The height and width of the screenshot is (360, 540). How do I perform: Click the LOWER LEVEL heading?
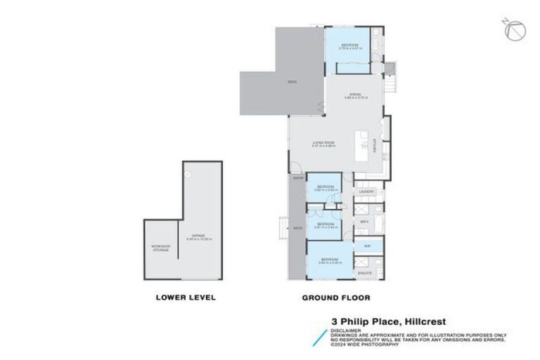[185, 297]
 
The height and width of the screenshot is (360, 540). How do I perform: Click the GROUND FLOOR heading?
[335, 297]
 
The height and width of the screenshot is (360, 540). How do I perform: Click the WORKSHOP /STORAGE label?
[160, 248]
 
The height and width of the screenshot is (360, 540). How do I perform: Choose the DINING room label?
[356, 96]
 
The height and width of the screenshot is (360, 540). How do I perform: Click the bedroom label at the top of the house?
[350, 44]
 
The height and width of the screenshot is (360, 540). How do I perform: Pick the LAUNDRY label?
[365, 192]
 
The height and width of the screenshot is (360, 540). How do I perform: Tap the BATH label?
[364, 221]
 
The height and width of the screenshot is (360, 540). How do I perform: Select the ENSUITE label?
[365, 272]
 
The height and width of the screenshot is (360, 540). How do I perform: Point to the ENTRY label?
[298, 178]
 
